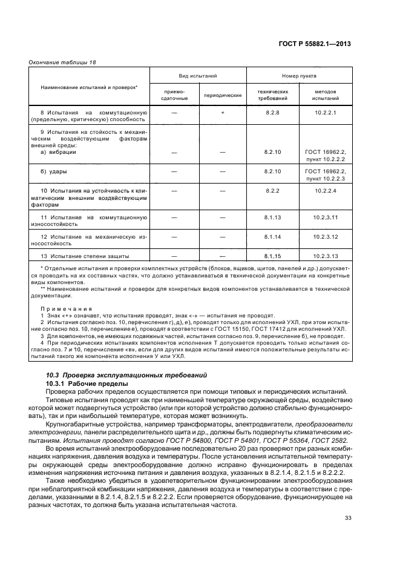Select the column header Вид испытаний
[197, 77]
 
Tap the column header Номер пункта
[298, 77]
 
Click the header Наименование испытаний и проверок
[89, 87]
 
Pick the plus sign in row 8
[222, 113]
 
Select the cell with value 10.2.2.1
[325, 113]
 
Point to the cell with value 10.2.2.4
[325, 191]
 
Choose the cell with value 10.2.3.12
[326, 236]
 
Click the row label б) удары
[54, 172]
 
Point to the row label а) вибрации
[58, 153]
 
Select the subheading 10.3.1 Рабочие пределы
[87, 384]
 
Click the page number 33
[347, 534]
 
